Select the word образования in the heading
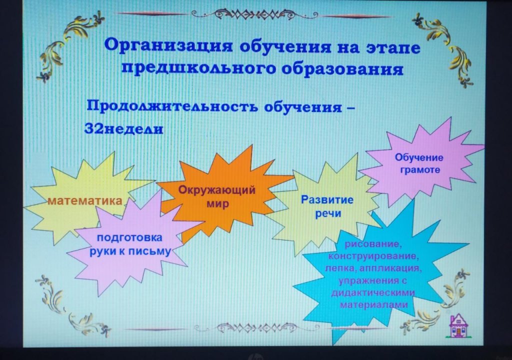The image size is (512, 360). (342, 69)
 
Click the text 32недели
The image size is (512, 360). (124, 128)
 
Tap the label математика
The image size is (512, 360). (85, 200)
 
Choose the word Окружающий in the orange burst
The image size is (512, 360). (217, 190)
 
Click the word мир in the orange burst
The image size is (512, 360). (217, 204)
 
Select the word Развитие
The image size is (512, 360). (327, 199)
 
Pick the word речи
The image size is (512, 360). (328, 214)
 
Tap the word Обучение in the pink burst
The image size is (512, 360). (419, 157)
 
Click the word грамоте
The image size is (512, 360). (420, 170)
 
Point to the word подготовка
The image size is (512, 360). (129, 237)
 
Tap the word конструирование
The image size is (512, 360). (373, 256)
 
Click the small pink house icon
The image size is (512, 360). (458, 325)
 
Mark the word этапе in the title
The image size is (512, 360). (393, 47)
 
